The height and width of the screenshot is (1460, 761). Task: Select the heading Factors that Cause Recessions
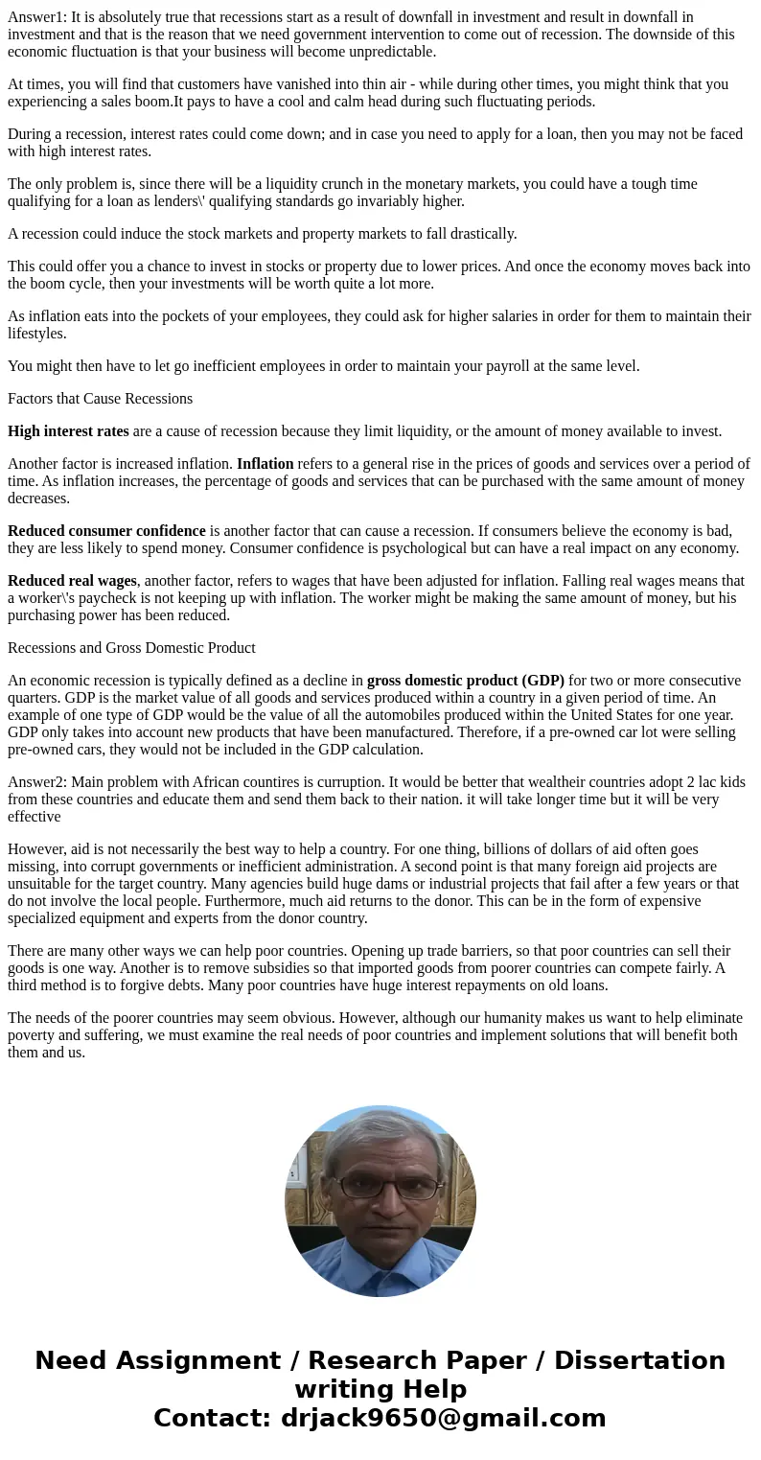[100, 399]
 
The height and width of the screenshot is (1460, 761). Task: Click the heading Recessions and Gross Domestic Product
[131, 648]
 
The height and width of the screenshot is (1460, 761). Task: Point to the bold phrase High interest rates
[68, 431]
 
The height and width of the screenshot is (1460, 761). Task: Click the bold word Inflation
[265, 464]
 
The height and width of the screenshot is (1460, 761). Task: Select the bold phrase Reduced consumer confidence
[106, 531]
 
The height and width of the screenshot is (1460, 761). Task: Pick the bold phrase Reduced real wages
[72, 581]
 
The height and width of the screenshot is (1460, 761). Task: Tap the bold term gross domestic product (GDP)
[465, 681]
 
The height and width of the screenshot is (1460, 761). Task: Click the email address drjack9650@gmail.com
[443, 1418]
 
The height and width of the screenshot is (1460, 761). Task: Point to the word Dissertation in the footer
[639, 1360]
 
